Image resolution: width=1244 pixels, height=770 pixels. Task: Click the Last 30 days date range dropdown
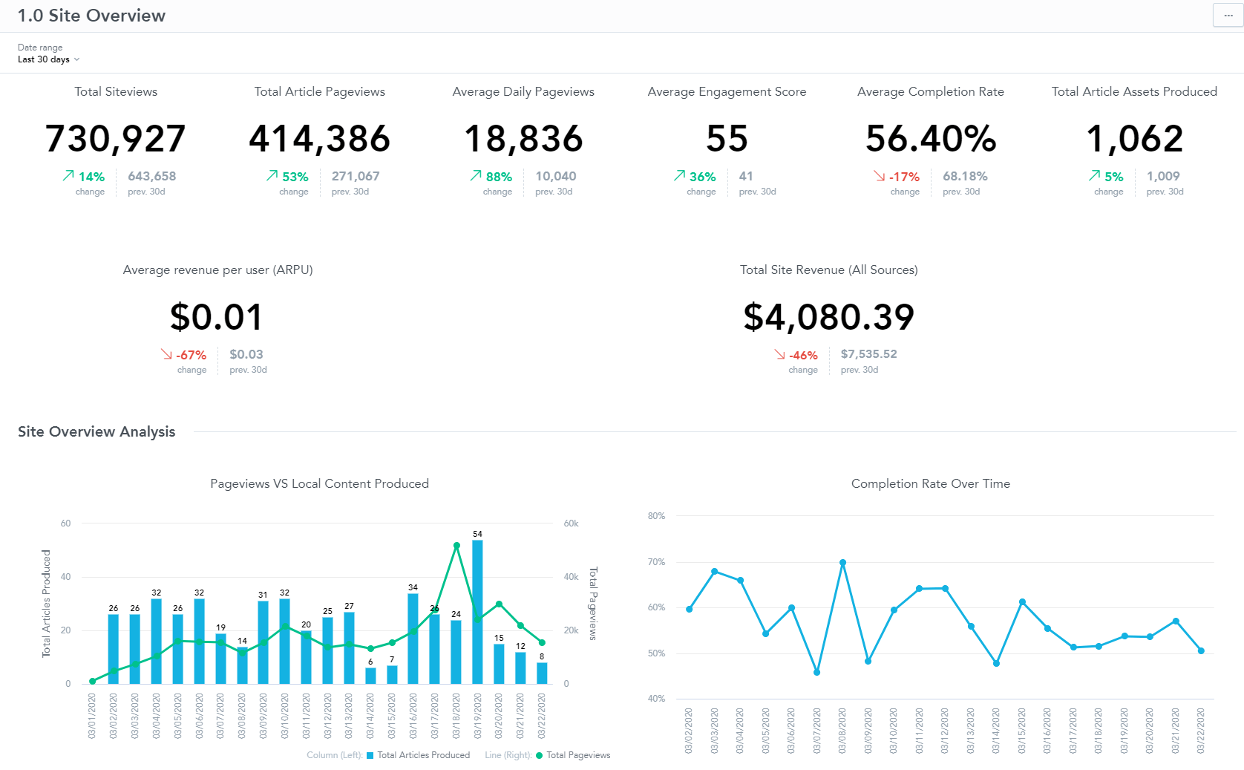click(48, 59)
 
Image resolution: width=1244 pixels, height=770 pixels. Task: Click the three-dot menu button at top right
click(1228, 16)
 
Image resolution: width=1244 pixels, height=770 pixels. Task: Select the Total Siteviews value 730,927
click(116, 139)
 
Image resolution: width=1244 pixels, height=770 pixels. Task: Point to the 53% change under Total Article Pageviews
click(295, 177)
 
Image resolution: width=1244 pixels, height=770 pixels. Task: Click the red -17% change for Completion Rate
click(904, 177)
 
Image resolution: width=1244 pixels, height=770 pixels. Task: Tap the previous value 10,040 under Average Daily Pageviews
click(555, 176)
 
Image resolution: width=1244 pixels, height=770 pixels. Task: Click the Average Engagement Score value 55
click(727, 139)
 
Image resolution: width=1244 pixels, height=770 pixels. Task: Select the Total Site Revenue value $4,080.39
click(828, 317)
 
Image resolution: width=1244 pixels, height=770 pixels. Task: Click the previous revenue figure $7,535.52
click(868, 354)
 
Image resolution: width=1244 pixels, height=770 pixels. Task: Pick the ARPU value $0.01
click(217, 317)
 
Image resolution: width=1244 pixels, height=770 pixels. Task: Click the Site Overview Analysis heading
click(96, 431)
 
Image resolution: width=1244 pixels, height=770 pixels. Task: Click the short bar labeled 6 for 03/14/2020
click(370, 676)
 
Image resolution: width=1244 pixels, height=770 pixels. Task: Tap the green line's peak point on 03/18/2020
click(456, 546)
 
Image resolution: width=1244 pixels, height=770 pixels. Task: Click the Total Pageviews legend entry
click(577, 755)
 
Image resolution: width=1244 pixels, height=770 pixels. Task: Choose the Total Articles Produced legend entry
click(423, 755)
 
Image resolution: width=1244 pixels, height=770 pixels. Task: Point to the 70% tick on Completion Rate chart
click(656, 562)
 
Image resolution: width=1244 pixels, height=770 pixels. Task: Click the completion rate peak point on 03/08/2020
click(842, 563)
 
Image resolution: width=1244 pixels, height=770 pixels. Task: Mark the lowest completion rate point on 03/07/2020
click(816, 672)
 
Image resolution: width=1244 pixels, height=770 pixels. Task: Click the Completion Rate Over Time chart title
click(930, 483)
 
